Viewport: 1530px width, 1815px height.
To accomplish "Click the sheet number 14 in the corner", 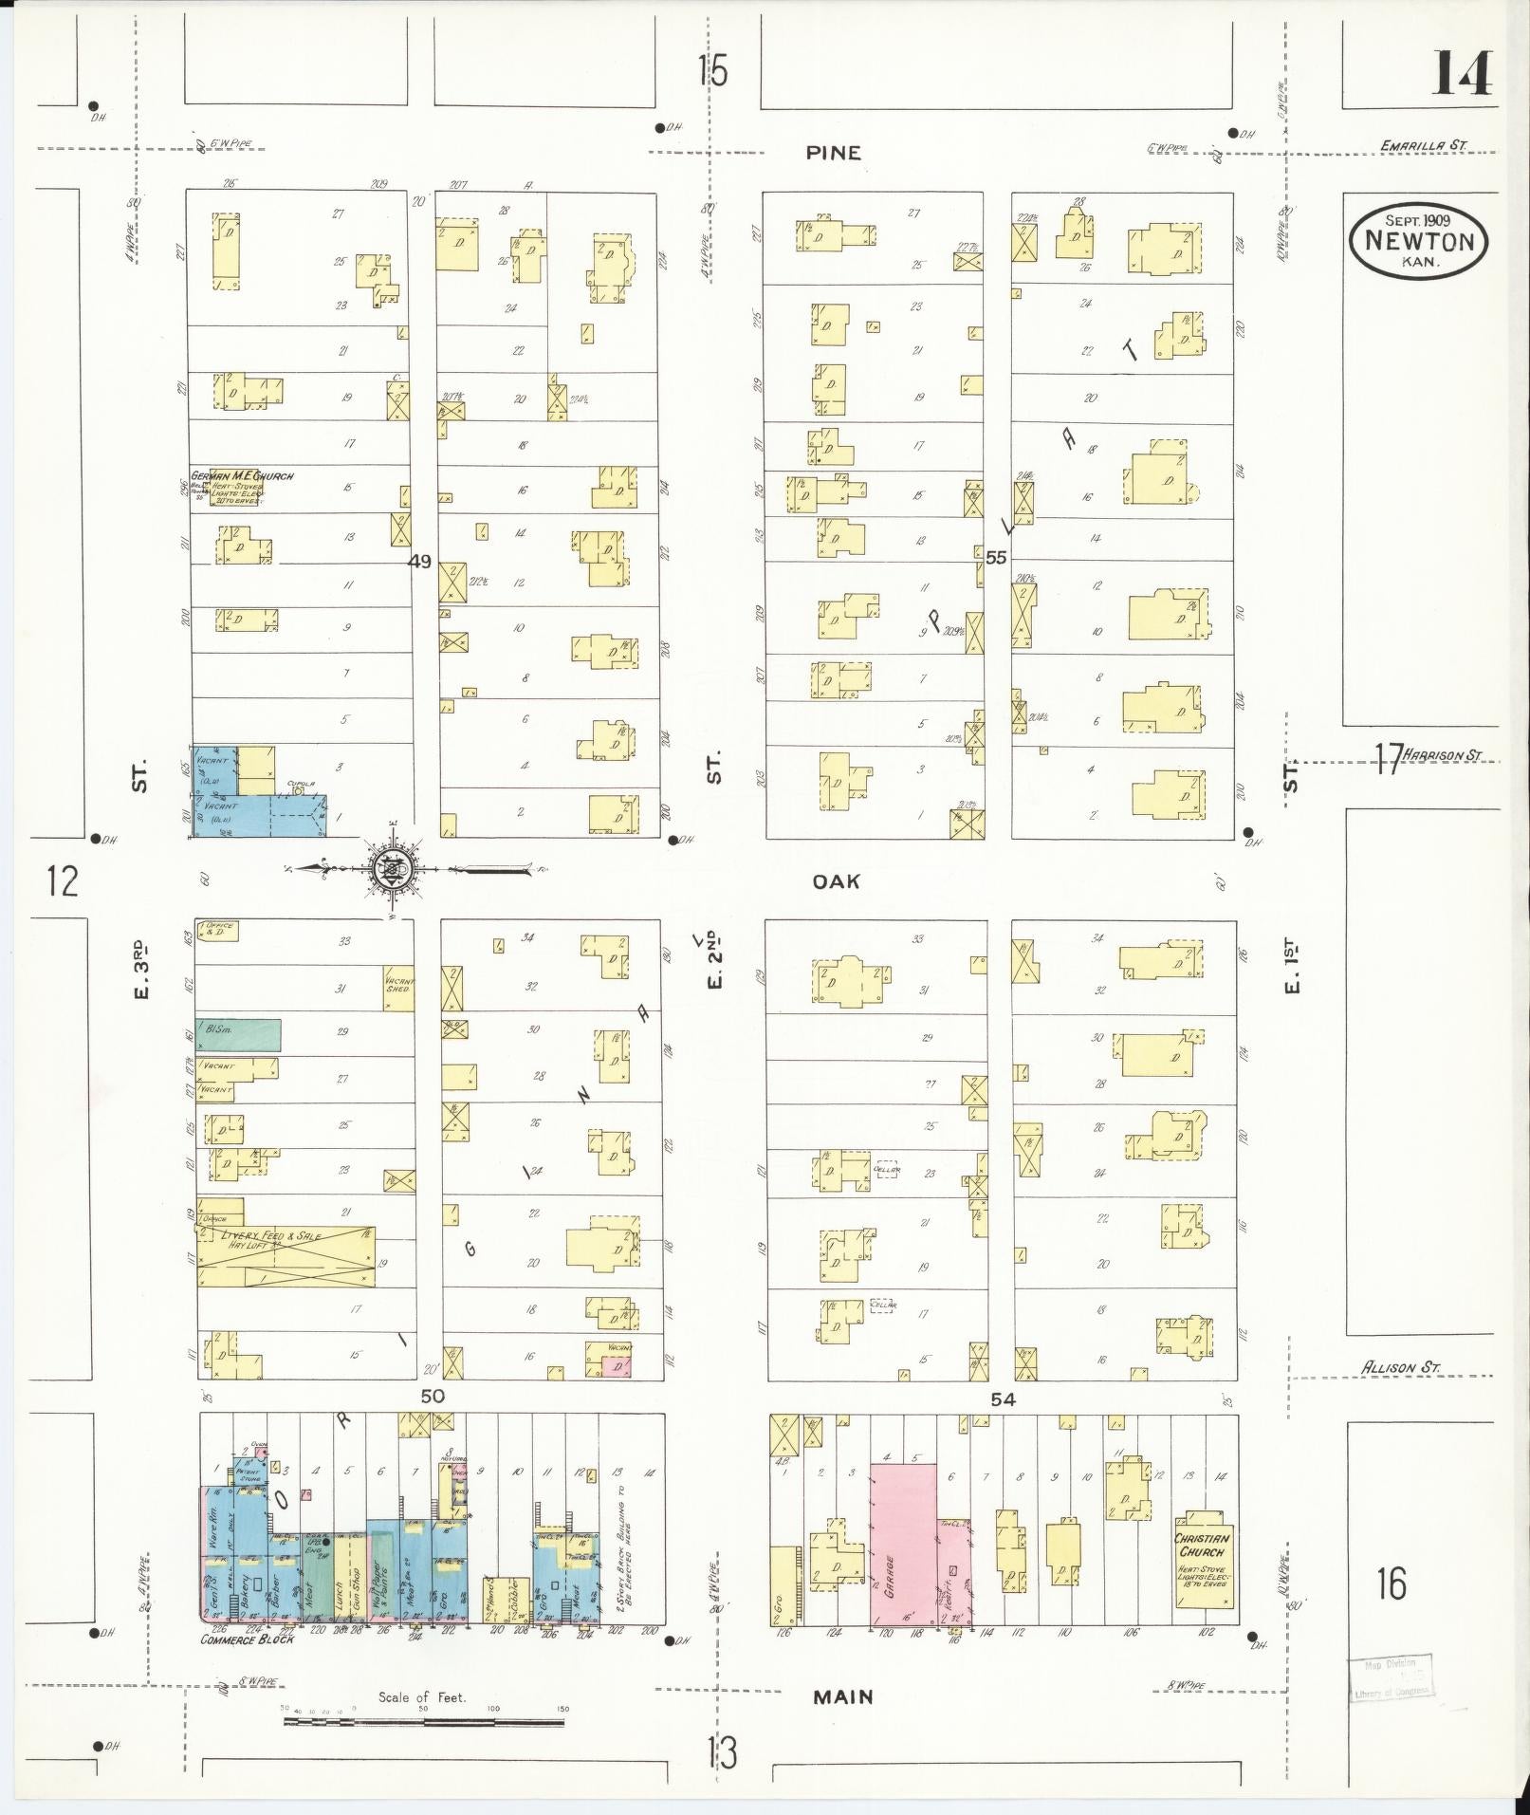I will [x=1461, y=73].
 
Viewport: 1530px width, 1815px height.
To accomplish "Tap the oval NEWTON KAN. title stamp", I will [x=1418, y=241].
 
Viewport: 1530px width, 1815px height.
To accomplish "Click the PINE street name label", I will [x=834, y=153].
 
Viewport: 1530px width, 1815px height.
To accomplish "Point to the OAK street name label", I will [x=836, y=881].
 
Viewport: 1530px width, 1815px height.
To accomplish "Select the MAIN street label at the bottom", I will [x=842, y=1697].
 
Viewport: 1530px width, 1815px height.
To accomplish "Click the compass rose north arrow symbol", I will [x=391, y=867].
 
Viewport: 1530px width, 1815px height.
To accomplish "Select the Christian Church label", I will [x=1202, y=1546].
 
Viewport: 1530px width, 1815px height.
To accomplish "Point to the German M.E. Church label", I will [x=243, y=476].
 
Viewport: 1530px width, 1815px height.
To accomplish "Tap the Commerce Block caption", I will [x=247, y=1639].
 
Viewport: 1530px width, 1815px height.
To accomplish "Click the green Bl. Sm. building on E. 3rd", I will [x=238, y=1034].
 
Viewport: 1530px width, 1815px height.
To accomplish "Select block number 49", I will [x=419, y=562].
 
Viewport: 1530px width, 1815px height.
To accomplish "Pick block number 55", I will [x=995, y=558].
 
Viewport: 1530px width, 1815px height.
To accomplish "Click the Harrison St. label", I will [x=1442, y=755].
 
